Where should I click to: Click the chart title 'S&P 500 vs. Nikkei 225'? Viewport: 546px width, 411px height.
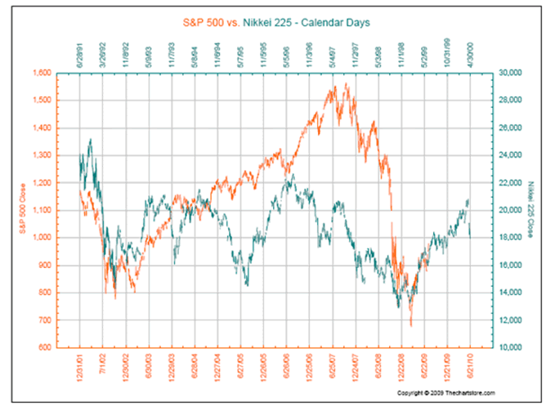tap(272, 22)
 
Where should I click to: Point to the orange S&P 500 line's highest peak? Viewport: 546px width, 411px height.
tap(347, 83)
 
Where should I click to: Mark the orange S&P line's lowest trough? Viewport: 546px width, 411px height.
tap(410, 325)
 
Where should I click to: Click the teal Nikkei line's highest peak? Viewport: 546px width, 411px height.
tap(89, 139)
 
